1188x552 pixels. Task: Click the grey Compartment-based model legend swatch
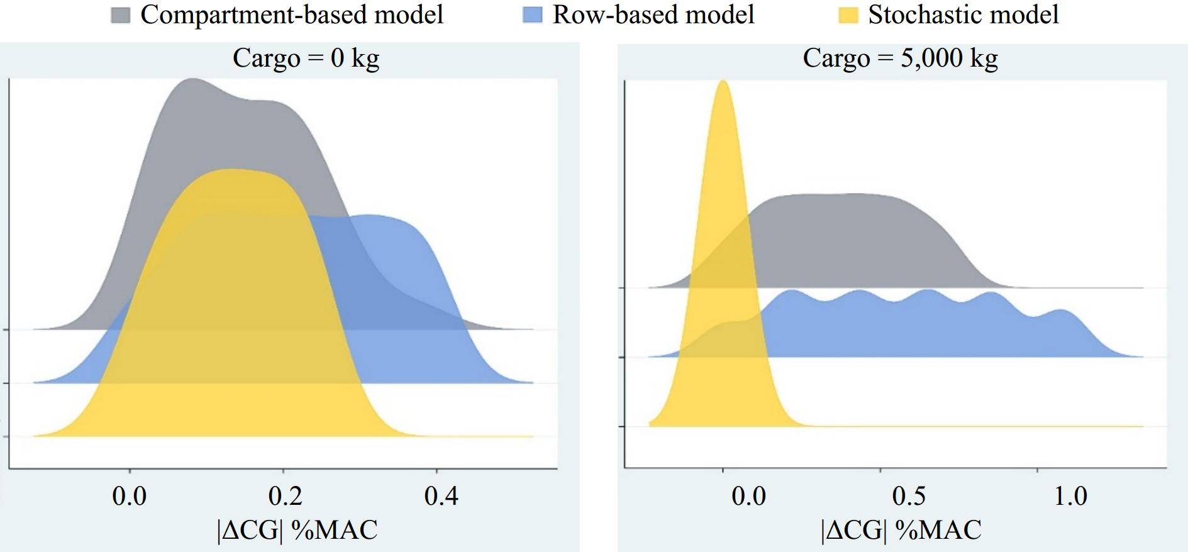(x=121, y=16)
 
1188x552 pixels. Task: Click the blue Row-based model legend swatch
(x=532, y=16)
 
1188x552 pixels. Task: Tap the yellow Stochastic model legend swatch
(x=848, y=16)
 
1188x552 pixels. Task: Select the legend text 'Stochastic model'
(x=963, y=14)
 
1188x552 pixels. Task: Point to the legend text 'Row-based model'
(x=653, y=14)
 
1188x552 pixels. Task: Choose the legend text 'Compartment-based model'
(x=292, y=14)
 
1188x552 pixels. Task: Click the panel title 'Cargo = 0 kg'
(x=306, y=58)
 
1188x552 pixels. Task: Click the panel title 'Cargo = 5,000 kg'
(x=900, y=58)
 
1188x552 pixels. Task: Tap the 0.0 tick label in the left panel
(x=130, y=496)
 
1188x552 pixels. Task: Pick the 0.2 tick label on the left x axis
(x=285, y=496)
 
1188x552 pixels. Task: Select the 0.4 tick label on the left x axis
(x=441, y=496)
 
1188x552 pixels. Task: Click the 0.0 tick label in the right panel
(x=748, y=496)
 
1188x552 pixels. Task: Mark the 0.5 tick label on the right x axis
(x=909, y=496)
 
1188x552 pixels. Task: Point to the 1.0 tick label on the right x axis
(x=1070, y=496)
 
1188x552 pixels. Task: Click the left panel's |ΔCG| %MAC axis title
(x=297, y=530)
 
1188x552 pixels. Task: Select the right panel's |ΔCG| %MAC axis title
(x=901, y=530)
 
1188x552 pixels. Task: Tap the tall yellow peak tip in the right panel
(x=723, y=82)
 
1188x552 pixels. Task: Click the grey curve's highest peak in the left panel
(x=192, y=80)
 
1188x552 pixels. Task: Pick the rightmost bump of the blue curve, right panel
(x=1060, y=311)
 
